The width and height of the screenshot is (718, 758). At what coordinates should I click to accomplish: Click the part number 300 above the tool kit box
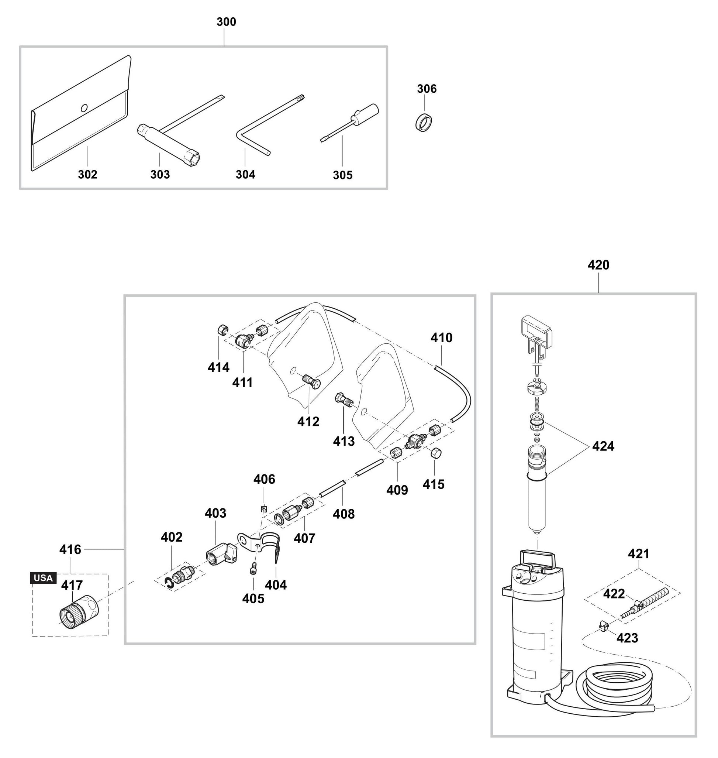(x=226, y=22)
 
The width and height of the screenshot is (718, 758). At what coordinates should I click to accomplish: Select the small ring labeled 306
(x=425, y=123)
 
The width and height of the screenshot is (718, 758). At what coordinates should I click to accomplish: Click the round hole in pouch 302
(x=84, y=108)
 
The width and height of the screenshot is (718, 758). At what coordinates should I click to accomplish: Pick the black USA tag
(x=43, y=578)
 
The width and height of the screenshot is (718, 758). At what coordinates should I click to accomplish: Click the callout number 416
(x=70, y=550)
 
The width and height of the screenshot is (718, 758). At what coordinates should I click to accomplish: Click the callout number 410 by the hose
(x=441, y=338)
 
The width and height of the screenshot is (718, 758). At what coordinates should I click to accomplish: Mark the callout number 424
(x=603, y=446)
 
